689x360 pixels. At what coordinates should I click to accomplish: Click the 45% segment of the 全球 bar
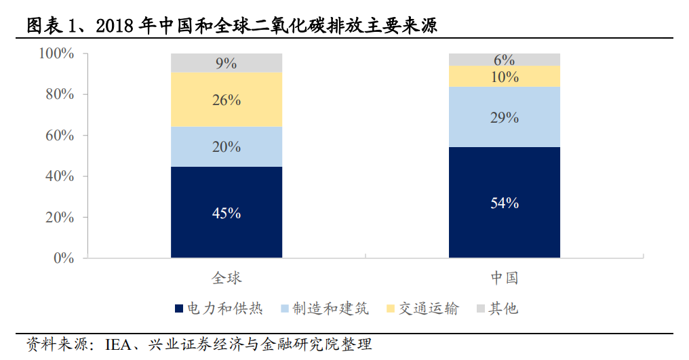click(x=227, y=212)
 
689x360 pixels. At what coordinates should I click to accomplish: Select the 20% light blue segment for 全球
click(x=227, y=146)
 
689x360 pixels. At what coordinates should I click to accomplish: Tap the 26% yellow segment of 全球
click(x=227, y=100)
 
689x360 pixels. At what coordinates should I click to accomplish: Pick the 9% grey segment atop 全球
click(x=227, y=63)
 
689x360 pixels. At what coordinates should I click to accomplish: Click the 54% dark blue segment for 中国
click(x=505, y=202)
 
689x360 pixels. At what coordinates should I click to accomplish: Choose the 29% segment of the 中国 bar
click(x=505, y=117)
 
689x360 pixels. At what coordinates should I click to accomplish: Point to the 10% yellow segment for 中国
click(x=505, y=77)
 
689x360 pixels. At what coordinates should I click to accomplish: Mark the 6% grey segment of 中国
click(x=505, y=60)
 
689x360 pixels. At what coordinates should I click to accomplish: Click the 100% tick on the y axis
click(x=56, y=54)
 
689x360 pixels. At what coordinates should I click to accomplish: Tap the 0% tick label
click(x=64, y=258)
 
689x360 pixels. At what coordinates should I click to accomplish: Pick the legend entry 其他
click(x=503, y=309)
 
